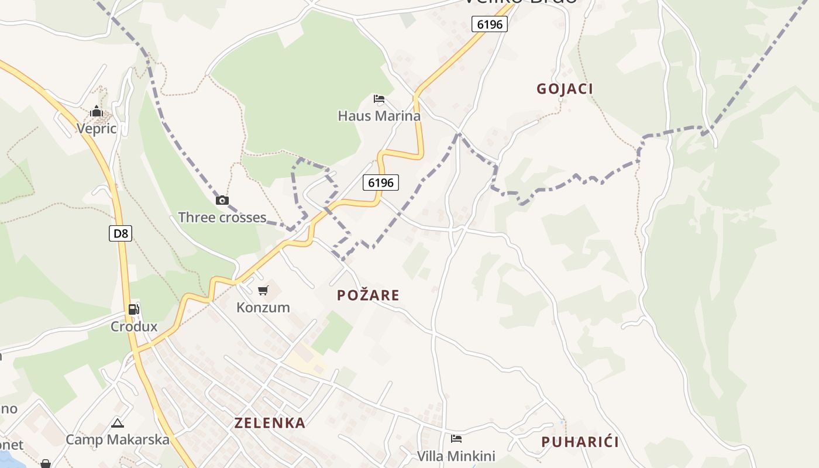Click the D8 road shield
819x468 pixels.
click(121, 233)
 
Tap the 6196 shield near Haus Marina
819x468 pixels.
click(380, 183)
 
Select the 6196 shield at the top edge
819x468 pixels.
click(489, 24)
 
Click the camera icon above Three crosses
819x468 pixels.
click(222, 201)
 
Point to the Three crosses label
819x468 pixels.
click(222, 218)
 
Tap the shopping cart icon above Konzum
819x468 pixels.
click(263, 290)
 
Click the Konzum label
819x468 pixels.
click(263, 307)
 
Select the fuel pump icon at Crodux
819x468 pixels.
click(134, 309)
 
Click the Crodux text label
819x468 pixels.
click(134, 326)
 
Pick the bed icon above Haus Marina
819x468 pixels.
click(379, 99)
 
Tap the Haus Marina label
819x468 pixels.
click(379, 116)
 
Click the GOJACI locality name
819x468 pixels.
click(565, 89)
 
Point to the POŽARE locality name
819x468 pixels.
click(368, 295)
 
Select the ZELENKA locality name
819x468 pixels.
click(270, 423)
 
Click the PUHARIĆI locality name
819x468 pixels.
click(580, 442)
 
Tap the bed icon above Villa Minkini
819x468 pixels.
click(456, 439)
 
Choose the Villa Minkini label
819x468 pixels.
click(456, 456)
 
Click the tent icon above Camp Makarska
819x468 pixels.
click(118, 423)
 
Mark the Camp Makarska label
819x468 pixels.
click(118, 440)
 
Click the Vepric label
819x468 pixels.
click(97, 129)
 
